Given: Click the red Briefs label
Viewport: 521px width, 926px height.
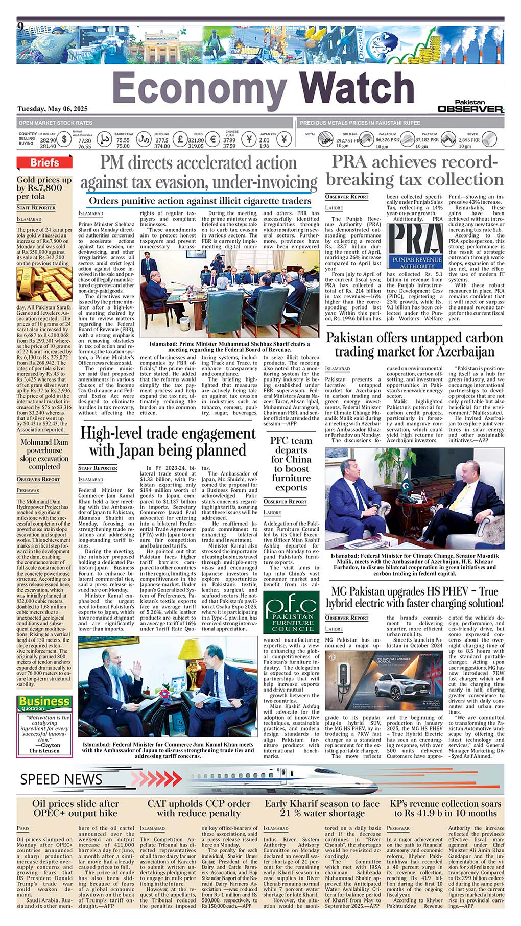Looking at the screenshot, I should tap(44, 162).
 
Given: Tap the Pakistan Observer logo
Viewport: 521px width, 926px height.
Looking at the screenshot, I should tap(470, 107).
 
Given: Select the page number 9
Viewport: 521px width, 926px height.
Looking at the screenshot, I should tap(20, 26).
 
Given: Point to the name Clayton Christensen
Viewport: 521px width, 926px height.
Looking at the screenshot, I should tap(44, 748).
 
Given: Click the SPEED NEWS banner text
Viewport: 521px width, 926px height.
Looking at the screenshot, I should tap(61, 779).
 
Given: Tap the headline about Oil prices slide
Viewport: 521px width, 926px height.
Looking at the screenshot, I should tap(75, 808).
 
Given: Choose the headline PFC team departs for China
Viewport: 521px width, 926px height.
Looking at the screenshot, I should tap(291, 464).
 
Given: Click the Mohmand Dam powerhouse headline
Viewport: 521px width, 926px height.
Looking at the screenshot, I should tap(44, 454).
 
